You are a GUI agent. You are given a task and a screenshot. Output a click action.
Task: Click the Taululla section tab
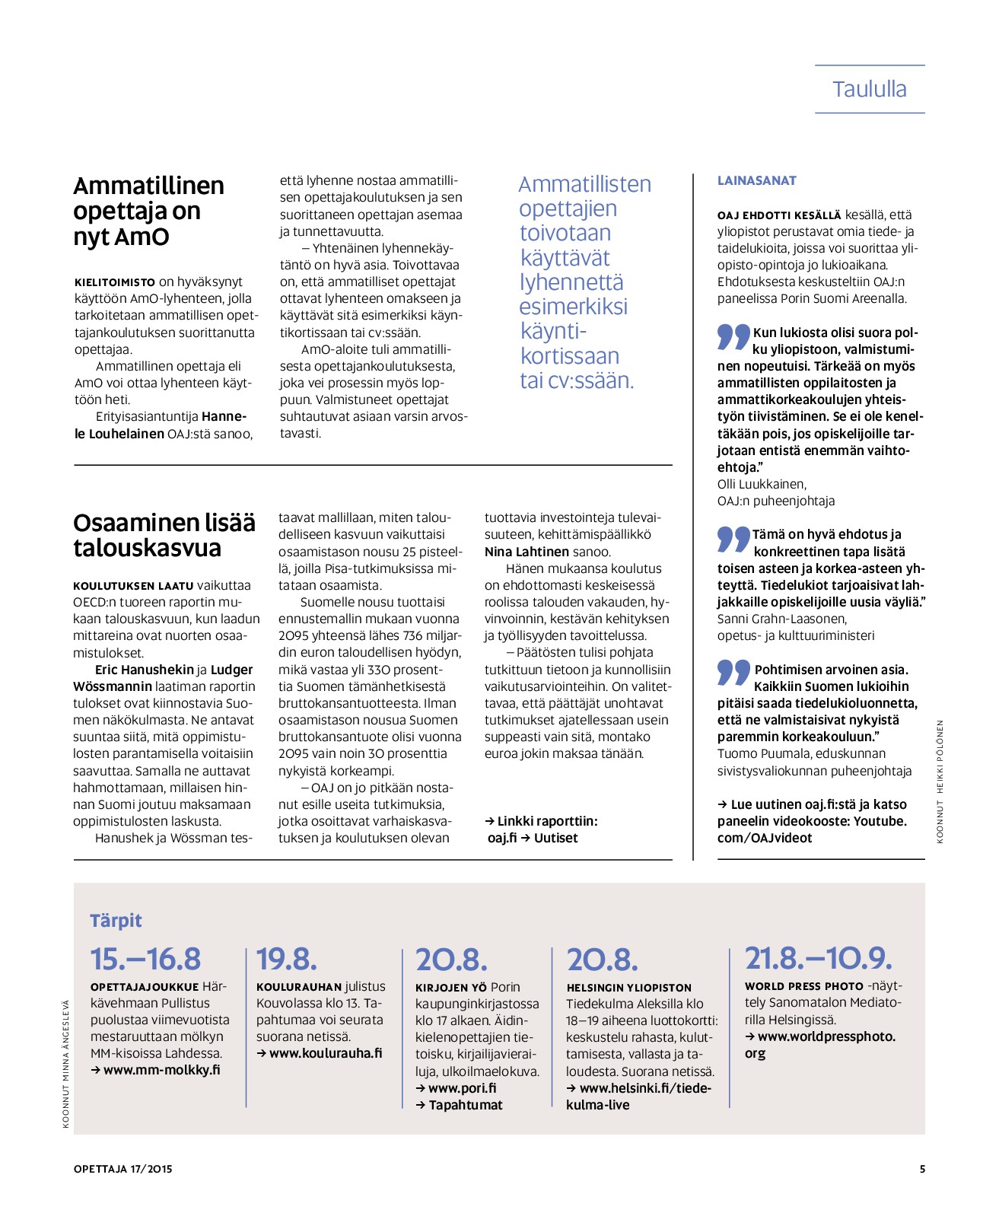tap(869, 89)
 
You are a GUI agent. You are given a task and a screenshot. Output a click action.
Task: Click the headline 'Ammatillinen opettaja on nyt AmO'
tap(148, 211)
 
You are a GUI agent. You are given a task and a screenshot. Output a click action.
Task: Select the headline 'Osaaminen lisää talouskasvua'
tap(164, 535)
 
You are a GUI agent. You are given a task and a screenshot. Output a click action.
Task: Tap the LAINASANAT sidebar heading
tap(756, 180)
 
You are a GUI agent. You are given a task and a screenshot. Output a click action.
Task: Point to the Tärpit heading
tap(116, 920)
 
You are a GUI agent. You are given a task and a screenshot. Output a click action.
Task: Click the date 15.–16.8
tap(145, 959)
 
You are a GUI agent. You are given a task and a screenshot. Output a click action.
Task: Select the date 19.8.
tap(286, 959)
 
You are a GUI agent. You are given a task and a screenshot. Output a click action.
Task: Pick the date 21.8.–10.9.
tap(818, 958)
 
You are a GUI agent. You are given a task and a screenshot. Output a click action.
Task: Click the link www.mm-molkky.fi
tap(161, 1070)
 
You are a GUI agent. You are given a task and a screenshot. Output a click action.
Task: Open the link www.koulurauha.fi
tap(326, 1053)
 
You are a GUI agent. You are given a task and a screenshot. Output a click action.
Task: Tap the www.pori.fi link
tap(462, 1088)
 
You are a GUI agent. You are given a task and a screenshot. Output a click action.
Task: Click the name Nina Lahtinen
tap(527, 552)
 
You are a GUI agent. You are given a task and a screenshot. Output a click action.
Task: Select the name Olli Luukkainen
tap(761, 484)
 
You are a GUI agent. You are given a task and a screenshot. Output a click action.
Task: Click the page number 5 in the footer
tap(922, 1169)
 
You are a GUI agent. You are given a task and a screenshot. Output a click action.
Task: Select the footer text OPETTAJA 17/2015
tap(123, 1169)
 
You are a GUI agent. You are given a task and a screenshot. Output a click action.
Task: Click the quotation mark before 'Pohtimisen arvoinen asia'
tap(733, 672)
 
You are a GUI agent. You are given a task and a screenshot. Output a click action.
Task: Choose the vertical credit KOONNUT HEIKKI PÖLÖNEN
tap(940, 781)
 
